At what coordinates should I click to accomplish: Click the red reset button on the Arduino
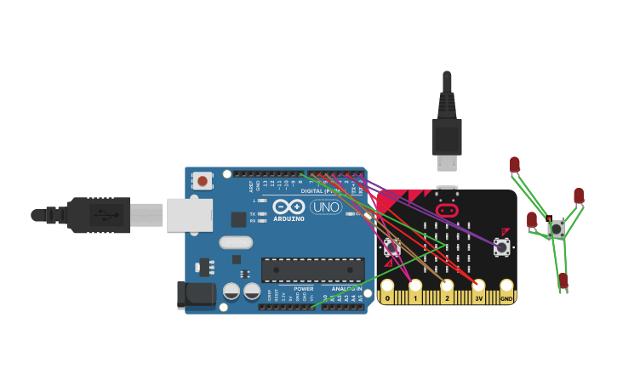tap(202, 180)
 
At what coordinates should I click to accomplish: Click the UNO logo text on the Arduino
tap(325, 207)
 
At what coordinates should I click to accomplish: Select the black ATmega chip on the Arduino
tap(312, 270)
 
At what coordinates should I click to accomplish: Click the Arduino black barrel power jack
tap(194, 294)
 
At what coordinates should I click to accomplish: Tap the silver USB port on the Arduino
tap(188, 215)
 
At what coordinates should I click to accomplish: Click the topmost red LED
tap(515, 164)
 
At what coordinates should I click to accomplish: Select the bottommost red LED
tap(563, 280)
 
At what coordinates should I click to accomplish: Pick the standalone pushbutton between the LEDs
tap(557, 228)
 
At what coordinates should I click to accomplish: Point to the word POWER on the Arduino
tap(304, 288)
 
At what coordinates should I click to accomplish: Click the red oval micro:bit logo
tap(447, 209)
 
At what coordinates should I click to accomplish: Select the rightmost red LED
tap(579, 196)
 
